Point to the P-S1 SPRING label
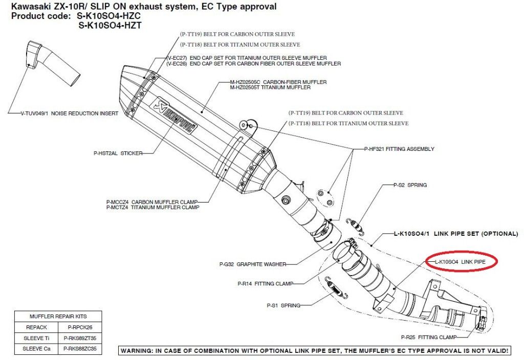[x=283, y=305]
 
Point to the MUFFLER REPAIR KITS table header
[x=58, y=316]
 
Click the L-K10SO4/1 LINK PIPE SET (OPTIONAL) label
[x=455, y=234]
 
